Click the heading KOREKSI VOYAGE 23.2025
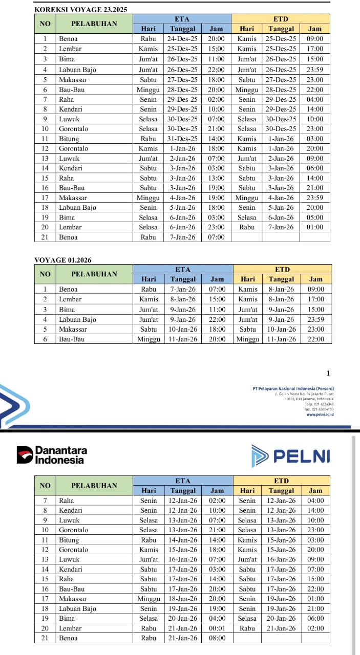[x=80, y=9]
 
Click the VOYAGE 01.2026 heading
[x=62, y=260]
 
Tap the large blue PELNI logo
[x=290, y=455]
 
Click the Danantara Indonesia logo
[x=52, y=455]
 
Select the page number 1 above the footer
[x=328, y=373]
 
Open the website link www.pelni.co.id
[x=320, y=414]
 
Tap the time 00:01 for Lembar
[x=217, y=628]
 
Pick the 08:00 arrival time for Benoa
[x=217, y=638]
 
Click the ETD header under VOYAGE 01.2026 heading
[x=282, y=269]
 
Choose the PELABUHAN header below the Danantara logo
[x=94, y=485]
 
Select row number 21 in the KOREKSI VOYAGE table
[x=45, y=237]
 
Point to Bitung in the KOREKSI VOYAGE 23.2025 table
[x=69, y=139]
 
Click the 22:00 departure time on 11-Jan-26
[x=316, y=339]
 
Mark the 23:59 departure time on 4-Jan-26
[x=315, y=198]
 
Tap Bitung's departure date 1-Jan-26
[x=281, y=139]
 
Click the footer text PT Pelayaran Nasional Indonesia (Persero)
[x=293, y=388]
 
